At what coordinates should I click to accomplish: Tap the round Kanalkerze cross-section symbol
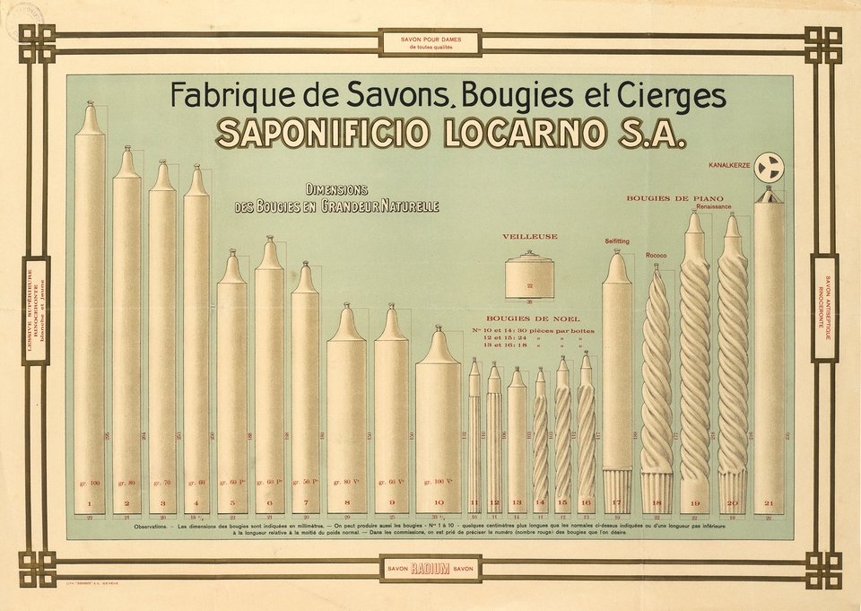point(769,167)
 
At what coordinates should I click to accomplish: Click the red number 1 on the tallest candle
point(90,504)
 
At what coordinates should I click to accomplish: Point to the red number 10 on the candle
point(439,503)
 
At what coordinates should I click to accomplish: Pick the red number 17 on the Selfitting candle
point(616,503)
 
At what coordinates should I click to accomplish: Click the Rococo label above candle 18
point(656,256)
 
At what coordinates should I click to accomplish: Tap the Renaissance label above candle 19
point(713,206)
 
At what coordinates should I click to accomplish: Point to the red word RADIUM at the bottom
point(430,569)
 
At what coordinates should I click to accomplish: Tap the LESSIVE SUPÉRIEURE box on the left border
point(35,310)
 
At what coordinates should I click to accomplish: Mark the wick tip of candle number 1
point(89,104)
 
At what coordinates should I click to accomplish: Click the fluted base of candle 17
point(616,490)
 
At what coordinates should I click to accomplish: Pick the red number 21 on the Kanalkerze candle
point(769,503)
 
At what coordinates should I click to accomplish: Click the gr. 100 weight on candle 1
point(90,484)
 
